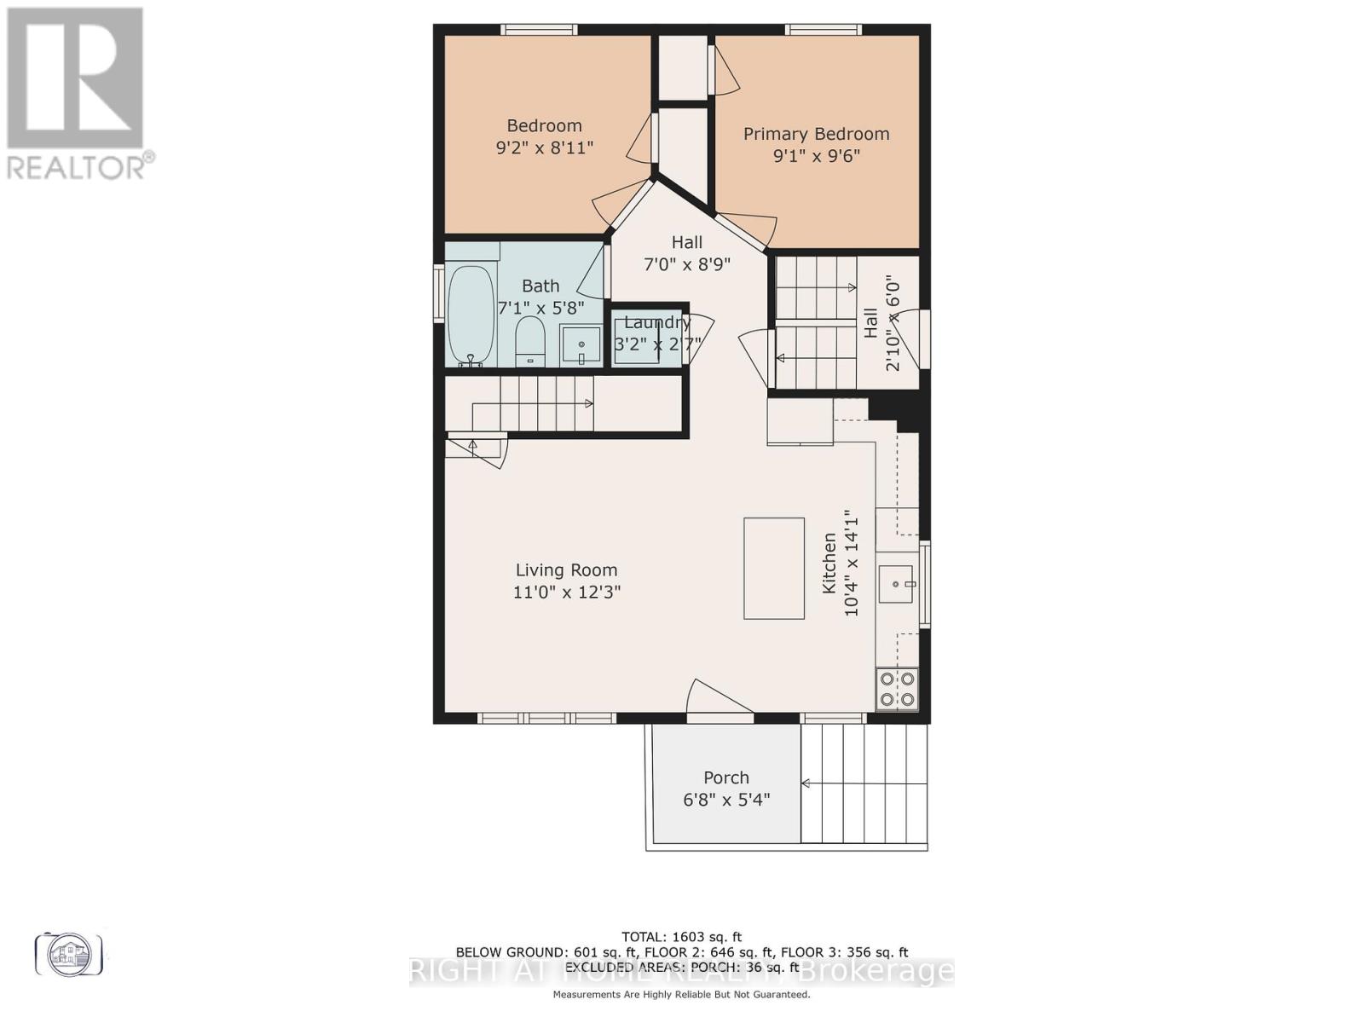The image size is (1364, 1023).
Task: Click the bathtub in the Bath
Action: [x=471, y=315]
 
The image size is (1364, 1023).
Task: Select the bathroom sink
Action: [x=581, y=345]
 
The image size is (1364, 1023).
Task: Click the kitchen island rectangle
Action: [x=773, y=568]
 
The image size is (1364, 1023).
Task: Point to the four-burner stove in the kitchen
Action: [x=898, y=689]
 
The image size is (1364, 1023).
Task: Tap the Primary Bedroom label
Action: [x=816, y=134]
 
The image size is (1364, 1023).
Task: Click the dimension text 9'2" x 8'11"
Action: [x=544, y=147]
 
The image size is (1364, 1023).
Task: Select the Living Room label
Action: [x=566, y=570]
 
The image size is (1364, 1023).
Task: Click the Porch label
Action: [x=726, y=777]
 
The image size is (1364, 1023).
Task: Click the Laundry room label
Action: [x=656, y=322]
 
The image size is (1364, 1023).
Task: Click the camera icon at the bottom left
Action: [x=68, y=953]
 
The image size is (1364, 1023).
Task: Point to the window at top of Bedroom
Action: [x=538, y=30]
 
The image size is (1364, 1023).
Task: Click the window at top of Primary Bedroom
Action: [x=823, y=30]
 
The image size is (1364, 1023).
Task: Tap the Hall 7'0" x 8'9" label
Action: [x=686, y=253]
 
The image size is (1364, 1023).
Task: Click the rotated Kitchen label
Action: [x=829, y=563]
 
